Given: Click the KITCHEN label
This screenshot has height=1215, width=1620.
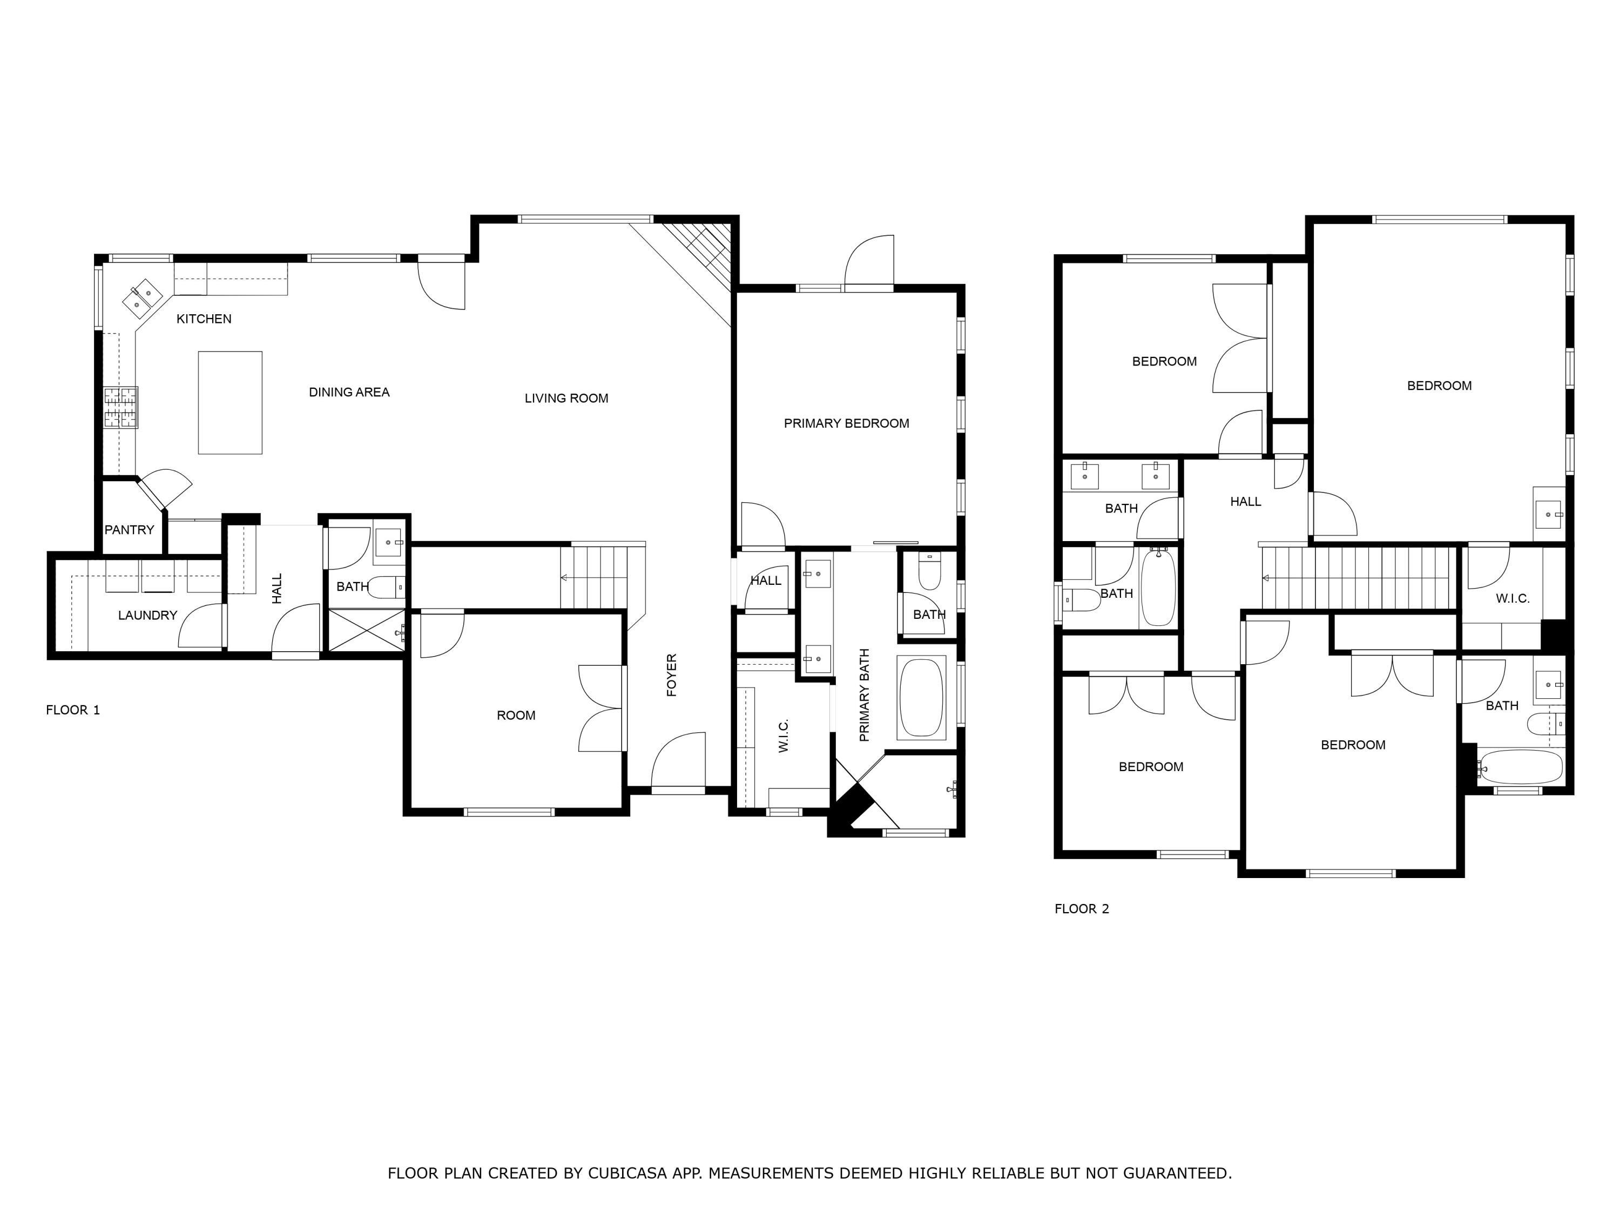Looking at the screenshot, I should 204,319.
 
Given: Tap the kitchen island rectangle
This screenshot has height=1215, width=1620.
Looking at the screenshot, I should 230,403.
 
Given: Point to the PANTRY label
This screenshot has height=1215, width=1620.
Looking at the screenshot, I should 129,530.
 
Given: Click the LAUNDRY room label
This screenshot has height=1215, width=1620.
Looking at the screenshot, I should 147,615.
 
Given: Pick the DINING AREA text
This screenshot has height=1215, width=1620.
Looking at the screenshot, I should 349,392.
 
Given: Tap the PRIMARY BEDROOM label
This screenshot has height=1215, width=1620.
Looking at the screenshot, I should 846,423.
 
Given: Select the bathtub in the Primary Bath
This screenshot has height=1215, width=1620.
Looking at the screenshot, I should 921,698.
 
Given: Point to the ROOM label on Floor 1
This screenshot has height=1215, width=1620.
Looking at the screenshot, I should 516,715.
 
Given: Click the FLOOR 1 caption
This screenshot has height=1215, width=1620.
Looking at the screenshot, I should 72,710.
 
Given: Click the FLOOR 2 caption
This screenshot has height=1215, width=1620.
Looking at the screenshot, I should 1081,909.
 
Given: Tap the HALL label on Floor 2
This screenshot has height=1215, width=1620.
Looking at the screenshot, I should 1245,502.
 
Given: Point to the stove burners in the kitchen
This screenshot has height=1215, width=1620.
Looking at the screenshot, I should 121,407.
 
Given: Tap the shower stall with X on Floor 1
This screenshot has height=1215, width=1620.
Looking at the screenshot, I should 364,629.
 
